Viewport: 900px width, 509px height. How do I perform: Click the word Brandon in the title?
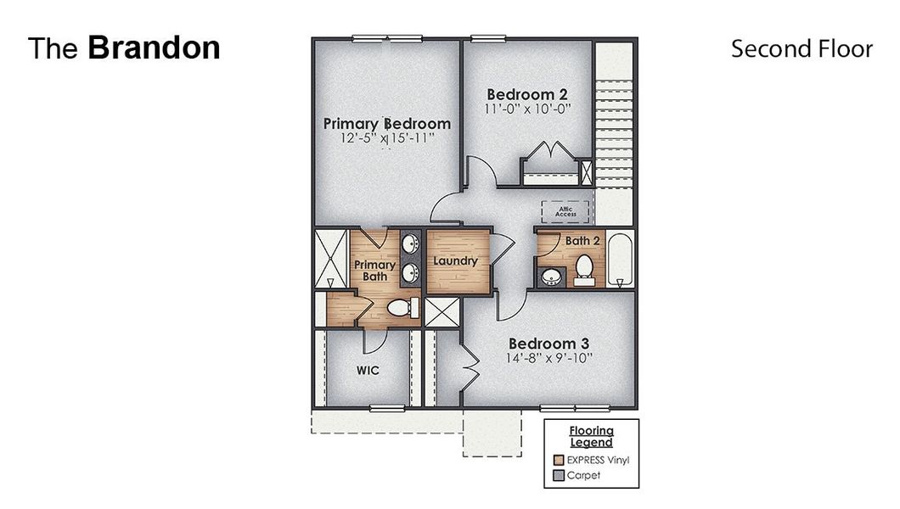(154, 48)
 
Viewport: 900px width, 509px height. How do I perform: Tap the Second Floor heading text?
(802, 49)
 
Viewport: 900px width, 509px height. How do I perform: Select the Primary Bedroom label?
(387, 124)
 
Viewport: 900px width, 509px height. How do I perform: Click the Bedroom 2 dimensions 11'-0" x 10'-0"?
(526, 109)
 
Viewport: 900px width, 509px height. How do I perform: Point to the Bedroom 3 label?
(549, 344)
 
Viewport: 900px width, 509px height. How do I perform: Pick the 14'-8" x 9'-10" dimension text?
(549, 359)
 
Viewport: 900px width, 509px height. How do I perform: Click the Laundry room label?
(456, 261)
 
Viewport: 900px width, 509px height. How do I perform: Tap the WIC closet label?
(368, 371)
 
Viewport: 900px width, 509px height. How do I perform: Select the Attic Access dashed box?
(566, 211)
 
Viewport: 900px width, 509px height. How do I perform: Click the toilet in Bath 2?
(584, 268)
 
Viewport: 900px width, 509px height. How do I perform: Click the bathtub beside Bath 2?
(621, 259)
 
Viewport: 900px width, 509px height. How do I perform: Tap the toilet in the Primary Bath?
(399, 307)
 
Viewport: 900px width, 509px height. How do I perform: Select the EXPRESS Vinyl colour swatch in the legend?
(558, 460)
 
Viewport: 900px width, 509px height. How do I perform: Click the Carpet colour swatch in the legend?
(558, 476)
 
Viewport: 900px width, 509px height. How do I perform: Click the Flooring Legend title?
(591, 436)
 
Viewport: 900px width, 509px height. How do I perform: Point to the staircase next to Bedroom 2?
(614, 127)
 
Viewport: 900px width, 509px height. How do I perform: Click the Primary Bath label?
(374, 271)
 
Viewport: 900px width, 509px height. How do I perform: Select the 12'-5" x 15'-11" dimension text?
(387, 139)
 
